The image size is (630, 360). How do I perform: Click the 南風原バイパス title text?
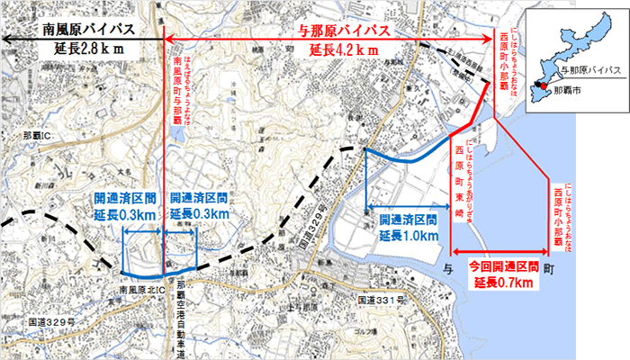click(88, 30)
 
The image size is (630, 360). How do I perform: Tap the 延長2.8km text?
click(88, 47)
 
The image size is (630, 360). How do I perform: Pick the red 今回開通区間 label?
click(504, 267)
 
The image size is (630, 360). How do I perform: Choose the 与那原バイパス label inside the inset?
click(589, 68)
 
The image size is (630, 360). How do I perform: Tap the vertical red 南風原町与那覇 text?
click(176, 90)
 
